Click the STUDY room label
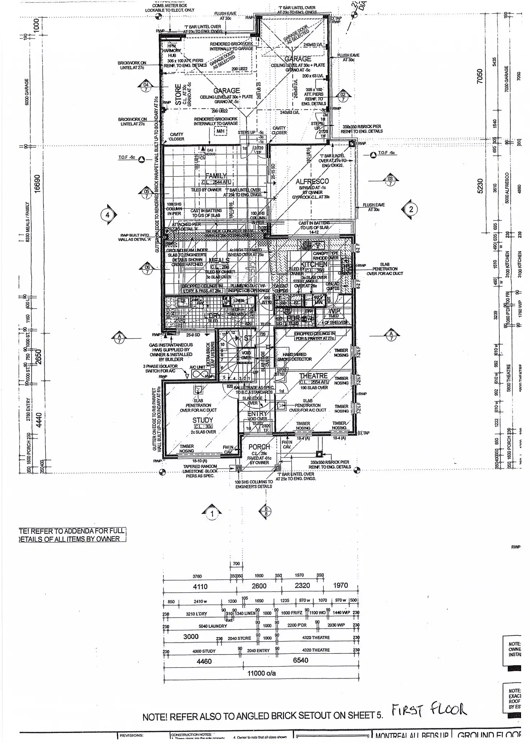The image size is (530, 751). [203, 420]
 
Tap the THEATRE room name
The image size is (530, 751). [313, 376]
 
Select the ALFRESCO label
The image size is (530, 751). [312, 182]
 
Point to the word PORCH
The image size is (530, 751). [259, 447]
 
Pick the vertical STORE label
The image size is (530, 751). [178, 94]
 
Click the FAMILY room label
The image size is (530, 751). [216, 176]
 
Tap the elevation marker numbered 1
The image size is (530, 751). [212, 514]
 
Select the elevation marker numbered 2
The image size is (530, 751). [411, 209]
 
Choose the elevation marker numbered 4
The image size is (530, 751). [107, 215]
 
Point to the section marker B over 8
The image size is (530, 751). [266, 511]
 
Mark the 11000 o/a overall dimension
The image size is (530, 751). [261, 673]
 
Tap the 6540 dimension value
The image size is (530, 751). [301, 660]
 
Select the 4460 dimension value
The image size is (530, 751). [204, 661]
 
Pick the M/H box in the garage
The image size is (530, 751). [220, 131]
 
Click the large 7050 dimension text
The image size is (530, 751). [480, 77]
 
